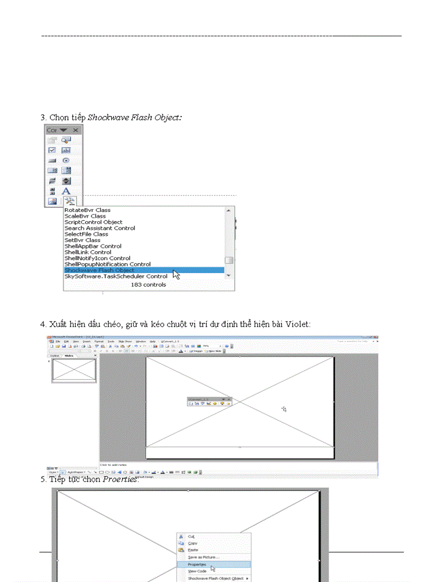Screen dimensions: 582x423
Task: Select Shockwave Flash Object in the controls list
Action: [99, 270]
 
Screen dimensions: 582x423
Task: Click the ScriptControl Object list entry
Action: [93, 222]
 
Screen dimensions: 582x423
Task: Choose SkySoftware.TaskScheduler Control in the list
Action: [116, 276]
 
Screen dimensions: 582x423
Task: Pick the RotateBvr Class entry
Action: [87, 210]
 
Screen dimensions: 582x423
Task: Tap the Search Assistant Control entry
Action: [100, 228]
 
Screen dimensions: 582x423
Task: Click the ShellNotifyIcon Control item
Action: [97, 258]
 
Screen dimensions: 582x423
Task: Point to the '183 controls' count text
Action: [148, 285]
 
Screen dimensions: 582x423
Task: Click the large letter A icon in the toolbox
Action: [66, 191]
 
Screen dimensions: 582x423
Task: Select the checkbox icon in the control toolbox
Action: [52, 150]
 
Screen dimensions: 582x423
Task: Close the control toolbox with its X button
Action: [76, 130]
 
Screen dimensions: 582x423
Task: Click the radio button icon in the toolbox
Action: [66, 161]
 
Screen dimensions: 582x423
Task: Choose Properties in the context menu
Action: [196, 564]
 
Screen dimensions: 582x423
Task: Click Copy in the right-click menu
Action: [192, 543]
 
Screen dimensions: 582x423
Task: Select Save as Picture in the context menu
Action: [203, 557]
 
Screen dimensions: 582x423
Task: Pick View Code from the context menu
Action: [197, 571]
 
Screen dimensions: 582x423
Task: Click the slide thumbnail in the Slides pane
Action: [74, 371]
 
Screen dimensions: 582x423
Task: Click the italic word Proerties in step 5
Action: [120, 479]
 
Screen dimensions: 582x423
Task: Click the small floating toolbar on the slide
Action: [209, 401]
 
